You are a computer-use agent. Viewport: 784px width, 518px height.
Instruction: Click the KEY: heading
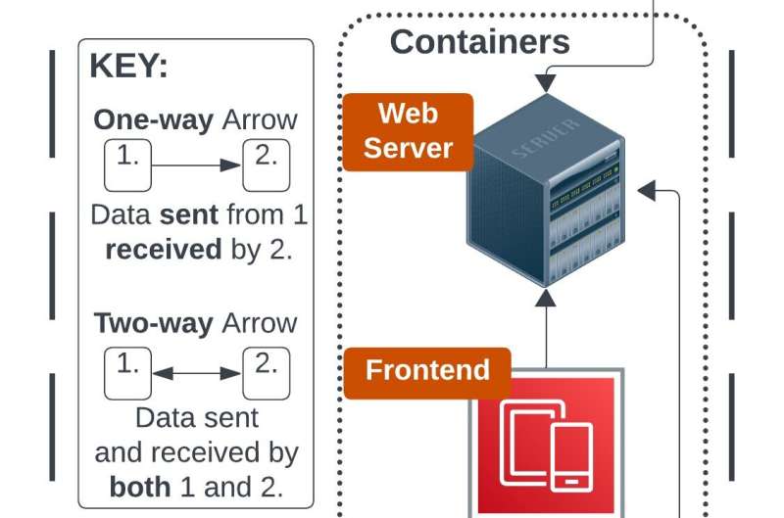[128, 67]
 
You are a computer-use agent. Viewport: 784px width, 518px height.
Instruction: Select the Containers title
[479, 42]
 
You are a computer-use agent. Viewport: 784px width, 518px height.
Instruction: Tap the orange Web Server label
[408, 130]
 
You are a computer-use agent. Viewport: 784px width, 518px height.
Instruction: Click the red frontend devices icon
[546, 442]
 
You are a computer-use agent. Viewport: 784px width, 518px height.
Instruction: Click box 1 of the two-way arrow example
[127, 374]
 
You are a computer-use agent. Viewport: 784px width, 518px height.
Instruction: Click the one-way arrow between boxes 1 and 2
[196, 165]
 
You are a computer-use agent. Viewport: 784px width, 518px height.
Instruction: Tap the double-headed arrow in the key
[197, 373]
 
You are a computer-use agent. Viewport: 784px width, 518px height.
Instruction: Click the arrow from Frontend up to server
[546, 328]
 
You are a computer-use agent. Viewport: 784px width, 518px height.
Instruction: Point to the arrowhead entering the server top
[546, 82]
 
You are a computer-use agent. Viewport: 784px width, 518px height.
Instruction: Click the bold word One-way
[153, 120]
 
